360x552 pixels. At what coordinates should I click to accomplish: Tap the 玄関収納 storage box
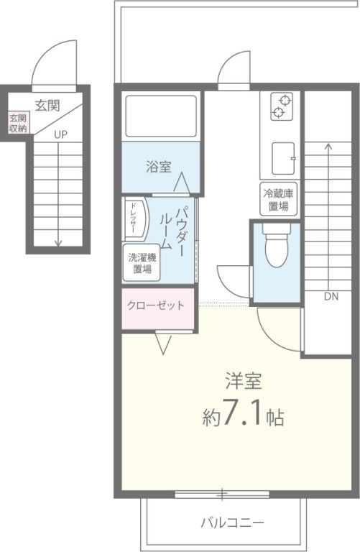[x=18, y=124]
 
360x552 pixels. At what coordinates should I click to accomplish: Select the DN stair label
[x=331, y=295]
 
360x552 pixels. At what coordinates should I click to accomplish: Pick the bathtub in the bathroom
[x=160, y=116]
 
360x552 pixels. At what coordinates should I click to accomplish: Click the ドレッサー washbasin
[x=135, y=218]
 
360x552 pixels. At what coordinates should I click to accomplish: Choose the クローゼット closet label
[x=155, y=305]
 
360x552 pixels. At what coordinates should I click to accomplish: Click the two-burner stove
[x=281, y=107]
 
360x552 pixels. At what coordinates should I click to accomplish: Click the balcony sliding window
[x=223, y=494]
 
